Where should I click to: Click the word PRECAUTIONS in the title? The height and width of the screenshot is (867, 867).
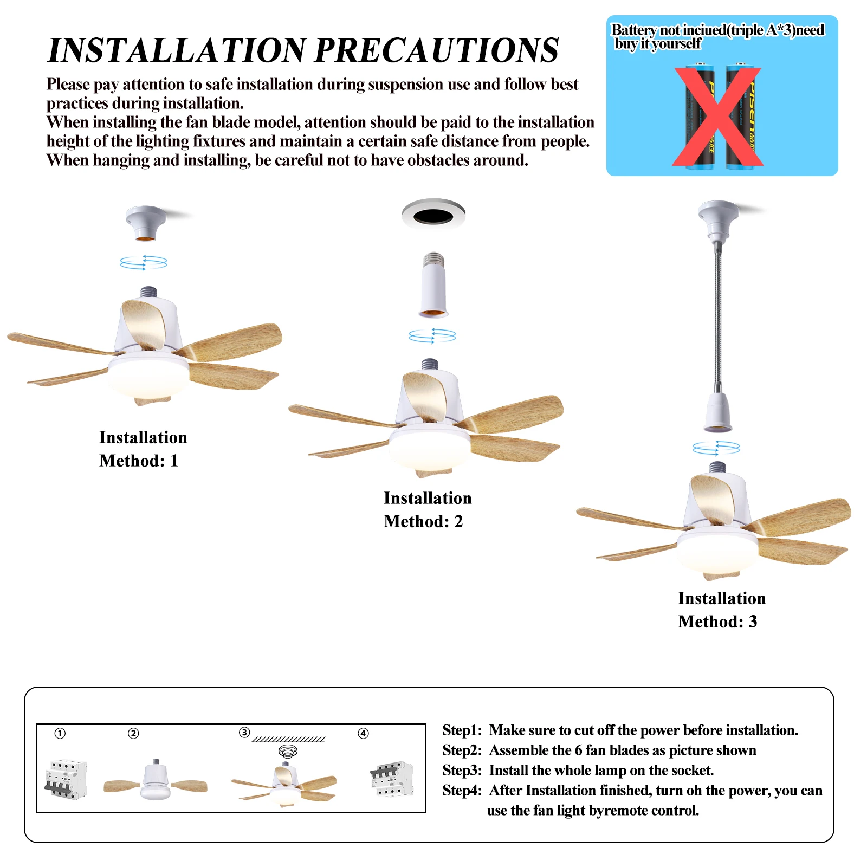pos(436,50)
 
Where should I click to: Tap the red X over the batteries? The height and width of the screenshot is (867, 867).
pos(717,117)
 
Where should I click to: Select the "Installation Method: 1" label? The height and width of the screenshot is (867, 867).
pos(143,449)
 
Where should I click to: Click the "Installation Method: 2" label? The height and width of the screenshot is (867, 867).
pos(428,509)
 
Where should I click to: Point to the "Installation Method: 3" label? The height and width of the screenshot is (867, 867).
pos(722,610)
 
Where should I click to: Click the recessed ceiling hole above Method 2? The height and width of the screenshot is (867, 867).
pos(433,217)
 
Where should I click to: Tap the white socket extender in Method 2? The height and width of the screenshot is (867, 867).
pos(433,287)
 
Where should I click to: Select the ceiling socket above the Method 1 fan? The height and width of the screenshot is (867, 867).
pos(145,222)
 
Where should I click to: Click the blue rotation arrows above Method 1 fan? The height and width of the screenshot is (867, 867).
pos(144,263)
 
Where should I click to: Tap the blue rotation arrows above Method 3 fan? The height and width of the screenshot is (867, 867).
pos(716,448)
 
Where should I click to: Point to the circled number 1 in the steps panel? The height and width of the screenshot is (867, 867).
pos(60,733)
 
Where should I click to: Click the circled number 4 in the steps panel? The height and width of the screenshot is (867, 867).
pos(363,733)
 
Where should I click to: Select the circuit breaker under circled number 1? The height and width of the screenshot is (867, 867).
pos(66,779)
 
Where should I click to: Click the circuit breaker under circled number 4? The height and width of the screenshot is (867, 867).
pos(392,779)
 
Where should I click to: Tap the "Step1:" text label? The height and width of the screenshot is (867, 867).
pos(462,730)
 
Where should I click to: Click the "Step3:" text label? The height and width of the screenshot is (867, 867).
pos(462,770)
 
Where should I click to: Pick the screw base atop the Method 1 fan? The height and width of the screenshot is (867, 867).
pos(148,293)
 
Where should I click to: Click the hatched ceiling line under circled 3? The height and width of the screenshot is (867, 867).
pos(288,739)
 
